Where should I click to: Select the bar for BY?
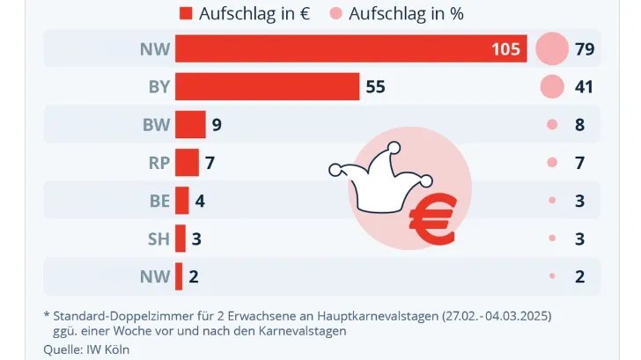267,87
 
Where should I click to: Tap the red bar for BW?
190,125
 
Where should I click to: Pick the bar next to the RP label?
187,163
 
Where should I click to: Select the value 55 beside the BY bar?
376,87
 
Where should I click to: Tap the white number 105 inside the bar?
505,49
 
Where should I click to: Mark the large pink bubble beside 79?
552,48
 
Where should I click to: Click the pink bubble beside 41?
552,87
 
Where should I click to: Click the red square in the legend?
185,13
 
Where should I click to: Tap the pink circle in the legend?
335,13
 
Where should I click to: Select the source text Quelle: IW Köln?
86,349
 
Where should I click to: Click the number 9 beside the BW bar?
216,125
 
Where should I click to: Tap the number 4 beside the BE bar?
200,201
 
